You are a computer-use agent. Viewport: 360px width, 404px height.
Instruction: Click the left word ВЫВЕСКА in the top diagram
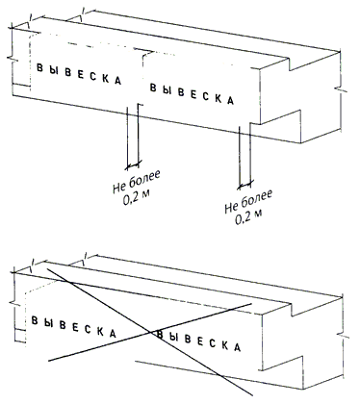[x=79, y=74]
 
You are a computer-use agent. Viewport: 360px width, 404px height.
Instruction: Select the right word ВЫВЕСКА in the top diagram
[x=193, y=93]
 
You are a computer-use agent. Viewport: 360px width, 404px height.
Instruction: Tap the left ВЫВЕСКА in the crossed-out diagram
[x=73, y=327]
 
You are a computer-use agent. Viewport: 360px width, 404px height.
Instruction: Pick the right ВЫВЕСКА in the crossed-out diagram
[x=198, y=341]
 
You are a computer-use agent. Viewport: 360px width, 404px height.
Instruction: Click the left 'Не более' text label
[x=137, y=182]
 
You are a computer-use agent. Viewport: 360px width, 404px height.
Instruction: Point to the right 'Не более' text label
[x=248, y=201]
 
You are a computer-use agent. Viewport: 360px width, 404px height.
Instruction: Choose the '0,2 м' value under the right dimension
[x=248, y=217]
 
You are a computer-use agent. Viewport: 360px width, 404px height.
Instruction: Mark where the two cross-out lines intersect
[x=150, y=332]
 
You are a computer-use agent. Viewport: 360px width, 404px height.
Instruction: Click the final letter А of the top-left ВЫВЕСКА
[x=117, y=81]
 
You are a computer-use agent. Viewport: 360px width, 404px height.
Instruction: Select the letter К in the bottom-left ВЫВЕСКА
[x=100, y=332]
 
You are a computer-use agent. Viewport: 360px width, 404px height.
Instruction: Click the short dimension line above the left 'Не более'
[x=133, y=164]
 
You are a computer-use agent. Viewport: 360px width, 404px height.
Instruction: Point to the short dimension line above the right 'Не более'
[x=245, y=184]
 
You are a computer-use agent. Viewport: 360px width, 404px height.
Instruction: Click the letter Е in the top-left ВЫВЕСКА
[x=81, y=74]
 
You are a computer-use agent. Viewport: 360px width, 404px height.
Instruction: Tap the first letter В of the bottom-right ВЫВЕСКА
[x=160, y=335]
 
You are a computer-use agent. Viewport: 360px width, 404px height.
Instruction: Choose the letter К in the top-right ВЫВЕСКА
[x=219, y=97]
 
